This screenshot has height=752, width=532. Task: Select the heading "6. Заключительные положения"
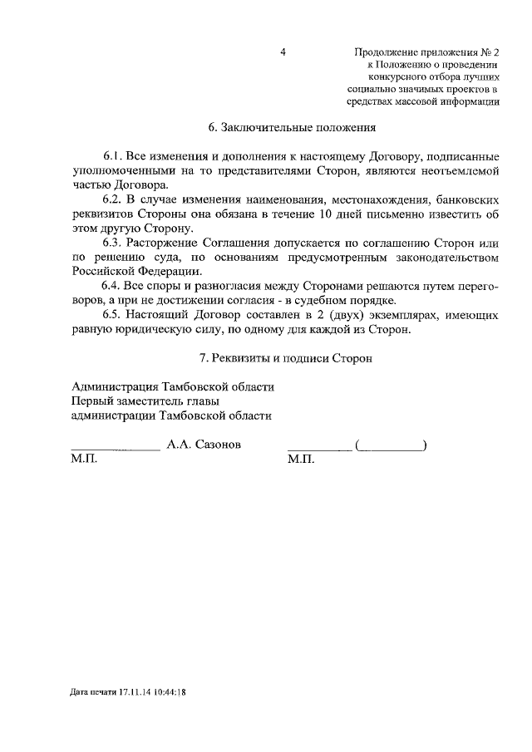tap(292, 128)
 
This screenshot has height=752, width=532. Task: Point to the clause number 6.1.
tap(113, 156)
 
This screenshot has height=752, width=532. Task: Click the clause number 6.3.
tap(113, 242)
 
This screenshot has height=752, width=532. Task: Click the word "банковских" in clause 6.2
tap(468, 200)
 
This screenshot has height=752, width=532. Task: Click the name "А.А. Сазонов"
tap(204, 445)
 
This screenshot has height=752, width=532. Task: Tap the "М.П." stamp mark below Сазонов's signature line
tap(85, 460)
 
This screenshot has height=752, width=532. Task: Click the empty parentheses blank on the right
tap(390, 446)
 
